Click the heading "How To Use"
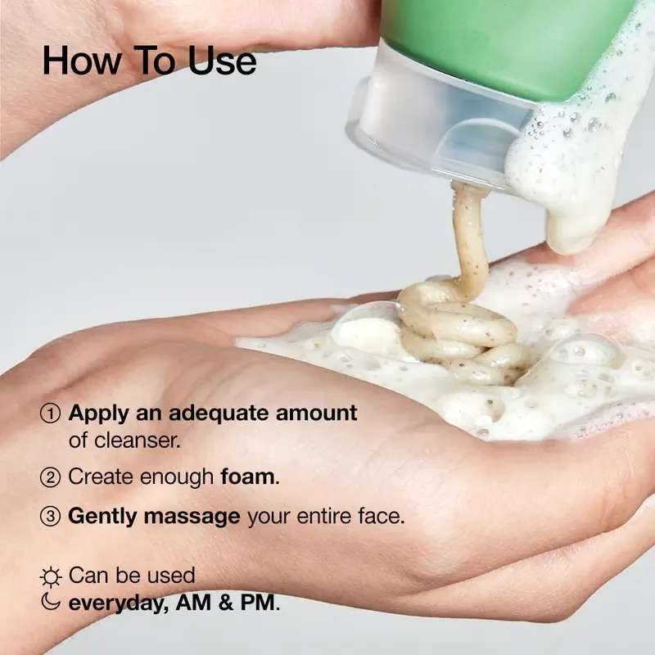click(x=149, y=61)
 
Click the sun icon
click(x=50, y=577)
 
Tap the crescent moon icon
click(x=50, y=603)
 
